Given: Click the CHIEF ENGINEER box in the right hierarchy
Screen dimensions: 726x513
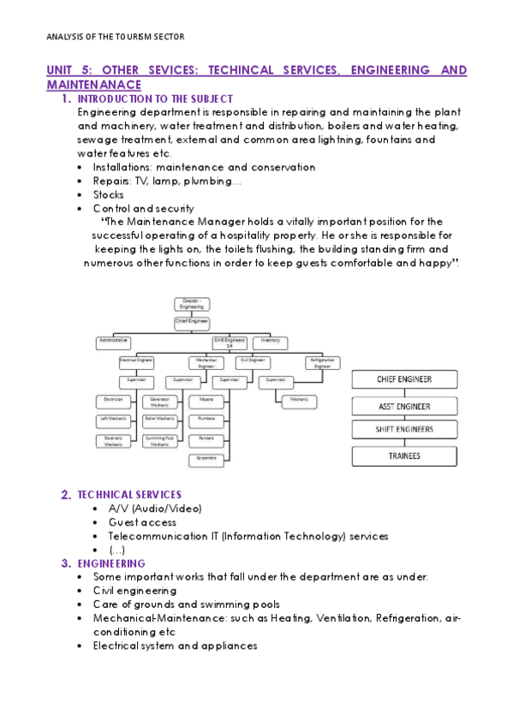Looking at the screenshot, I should (x=403, y=379).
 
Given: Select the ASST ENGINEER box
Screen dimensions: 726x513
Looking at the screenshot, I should (x=403, y=406).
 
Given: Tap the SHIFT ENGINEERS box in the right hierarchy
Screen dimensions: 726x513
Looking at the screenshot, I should (x=403, y=430).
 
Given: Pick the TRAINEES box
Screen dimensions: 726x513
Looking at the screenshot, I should (x=403, y=456).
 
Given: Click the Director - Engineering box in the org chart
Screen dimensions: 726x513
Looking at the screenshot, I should (x=191, y=304).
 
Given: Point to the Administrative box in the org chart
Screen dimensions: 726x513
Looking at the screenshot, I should (x=115, y=341).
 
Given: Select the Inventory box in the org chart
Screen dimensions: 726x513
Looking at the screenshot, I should (x=270, y=341).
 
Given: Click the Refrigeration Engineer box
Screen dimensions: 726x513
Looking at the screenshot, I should (x=322, y=363).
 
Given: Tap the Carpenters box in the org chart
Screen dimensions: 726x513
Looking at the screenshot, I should (x=206, y=460).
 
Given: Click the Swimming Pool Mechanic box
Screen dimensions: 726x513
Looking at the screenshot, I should (x=160, y=441).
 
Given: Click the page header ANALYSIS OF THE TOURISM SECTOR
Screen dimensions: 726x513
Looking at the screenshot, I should (x=114, y=37).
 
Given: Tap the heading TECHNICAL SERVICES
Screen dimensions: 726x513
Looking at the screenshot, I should (x=129, y=495).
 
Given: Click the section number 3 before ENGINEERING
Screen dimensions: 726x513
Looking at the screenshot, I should (x=65, y=564).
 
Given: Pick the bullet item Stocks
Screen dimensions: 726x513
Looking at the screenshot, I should (x=108, y=194).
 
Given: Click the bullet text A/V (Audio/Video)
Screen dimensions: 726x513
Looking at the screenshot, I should (x=154, y=509).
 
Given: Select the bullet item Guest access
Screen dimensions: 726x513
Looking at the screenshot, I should (x=142, y=522).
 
